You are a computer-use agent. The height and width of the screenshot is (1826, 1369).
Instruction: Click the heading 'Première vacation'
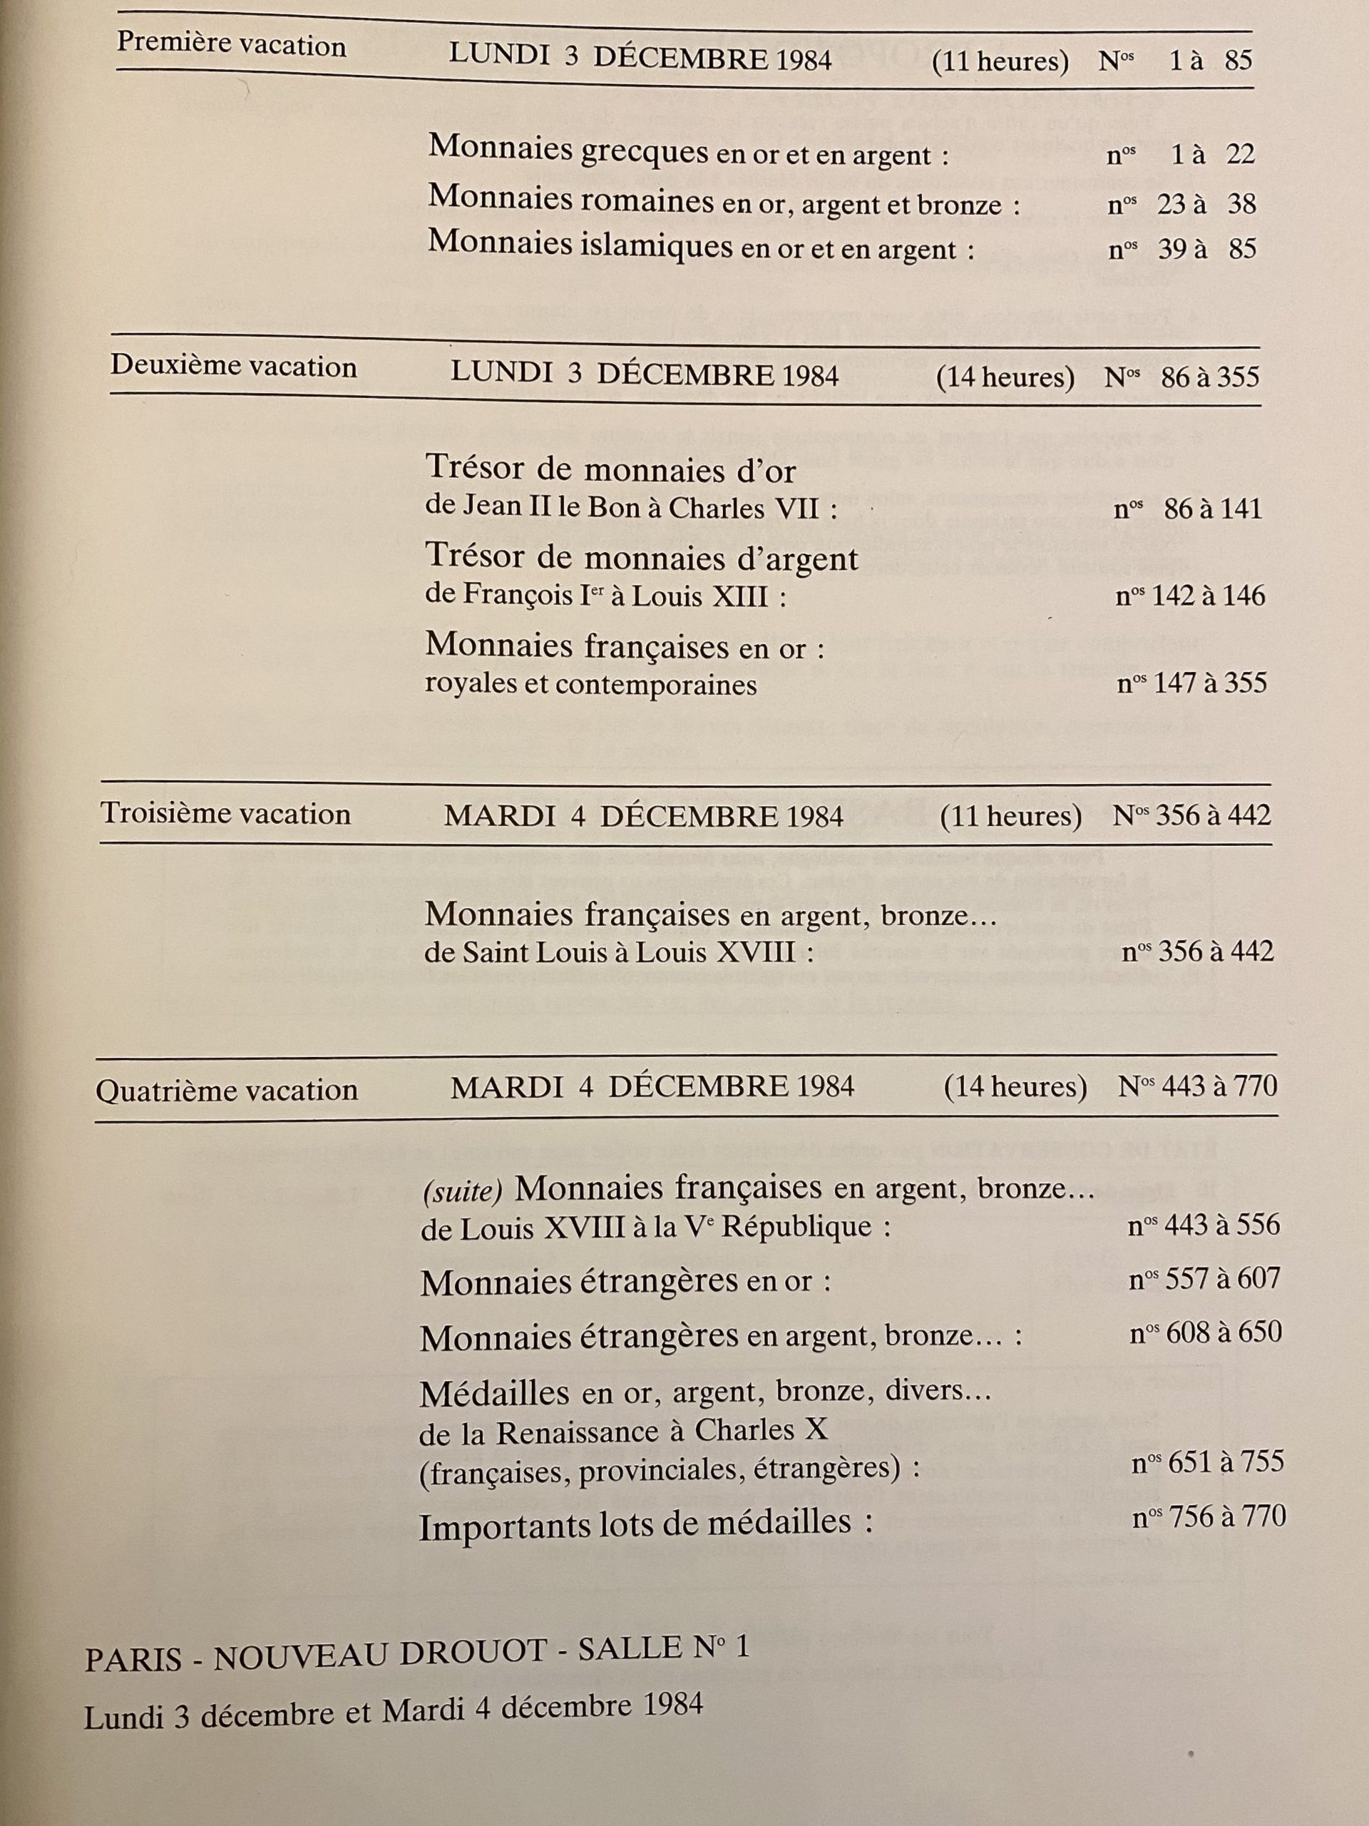click(231, 44)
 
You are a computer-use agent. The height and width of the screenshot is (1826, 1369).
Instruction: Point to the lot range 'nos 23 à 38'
click(1181, 204)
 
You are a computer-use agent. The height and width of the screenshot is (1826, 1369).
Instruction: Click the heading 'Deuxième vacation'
click(234, 366)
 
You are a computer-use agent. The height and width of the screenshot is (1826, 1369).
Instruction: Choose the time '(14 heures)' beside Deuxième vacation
click(1005, 378)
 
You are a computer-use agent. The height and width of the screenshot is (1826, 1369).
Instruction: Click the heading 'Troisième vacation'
click(225, 814)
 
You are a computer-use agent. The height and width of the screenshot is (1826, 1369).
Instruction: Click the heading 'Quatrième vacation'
click(226, 1091)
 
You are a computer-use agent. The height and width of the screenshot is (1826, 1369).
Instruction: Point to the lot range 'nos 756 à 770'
click(1209, 1516)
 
